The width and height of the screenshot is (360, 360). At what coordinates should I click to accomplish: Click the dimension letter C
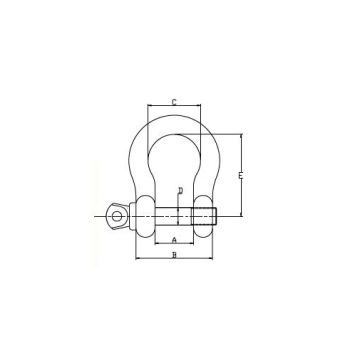coord(175,101)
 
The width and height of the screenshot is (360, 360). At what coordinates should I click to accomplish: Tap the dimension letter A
coord(175,242)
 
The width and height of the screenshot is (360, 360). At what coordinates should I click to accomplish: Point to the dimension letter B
coord(175,257)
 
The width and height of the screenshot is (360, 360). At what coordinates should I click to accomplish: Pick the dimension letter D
coord(180,190)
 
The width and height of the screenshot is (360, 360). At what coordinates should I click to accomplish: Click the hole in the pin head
coord(116,213)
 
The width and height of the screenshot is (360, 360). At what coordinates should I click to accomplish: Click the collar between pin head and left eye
coord(130,214)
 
